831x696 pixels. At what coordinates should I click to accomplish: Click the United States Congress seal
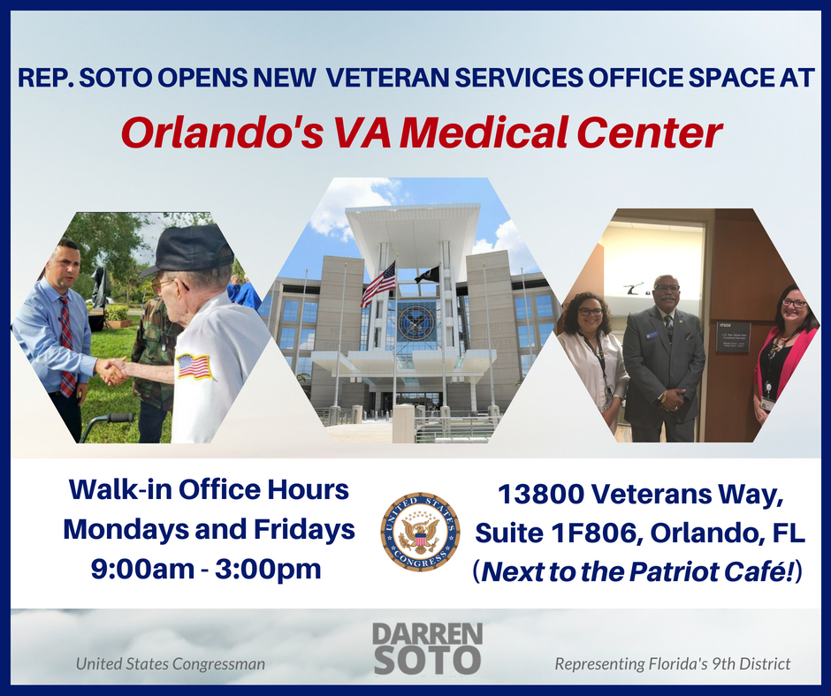(x=420, y=533)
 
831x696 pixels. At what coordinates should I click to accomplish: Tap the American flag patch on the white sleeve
(x=195, y=366)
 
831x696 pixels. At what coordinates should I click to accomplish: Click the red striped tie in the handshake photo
(x=66, y=344)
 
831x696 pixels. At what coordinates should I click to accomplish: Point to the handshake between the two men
(x=112, y=371)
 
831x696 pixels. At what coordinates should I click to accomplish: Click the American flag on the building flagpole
(x=378, y=284)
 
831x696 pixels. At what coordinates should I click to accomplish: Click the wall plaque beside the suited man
(x=732, y=337)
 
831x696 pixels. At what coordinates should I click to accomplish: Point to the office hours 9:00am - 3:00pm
(x=206, y=569)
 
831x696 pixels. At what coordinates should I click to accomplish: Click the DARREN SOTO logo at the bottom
(x=426, y=647)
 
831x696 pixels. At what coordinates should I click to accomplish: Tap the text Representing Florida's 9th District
(x=672, y=662)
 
